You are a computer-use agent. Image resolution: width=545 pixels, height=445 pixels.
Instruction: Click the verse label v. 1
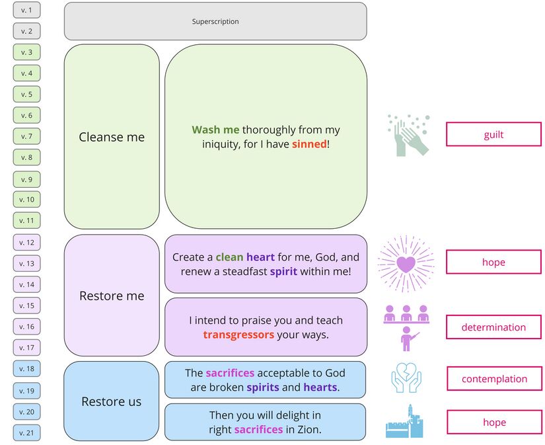(x=26, y=10)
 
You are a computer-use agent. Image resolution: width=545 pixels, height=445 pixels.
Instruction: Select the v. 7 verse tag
(x=26, y=136)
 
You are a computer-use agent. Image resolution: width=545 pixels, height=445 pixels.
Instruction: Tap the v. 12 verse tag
(x=26, y=243)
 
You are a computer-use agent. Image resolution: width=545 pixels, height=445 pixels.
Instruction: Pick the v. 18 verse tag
(x=26, y=369)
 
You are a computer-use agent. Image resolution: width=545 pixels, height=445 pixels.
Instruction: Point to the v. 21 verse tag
(x=26, y=433)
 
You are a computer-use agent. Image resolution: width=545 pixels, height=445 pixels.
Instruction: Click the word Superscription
(x=215, y=22)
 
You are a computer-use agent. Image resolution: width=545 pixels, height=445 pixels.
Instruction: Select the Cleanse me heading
(x=112, y=137)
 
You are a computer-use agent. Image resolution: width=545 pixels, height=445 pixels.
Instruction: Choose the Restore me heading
(x=112, y=296)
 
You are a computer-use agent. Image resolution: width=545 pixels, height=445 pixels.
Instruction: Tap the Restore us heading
(x=112, y=401)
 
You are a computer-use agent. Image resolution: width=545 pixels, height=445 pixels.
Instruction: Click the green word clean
(x=229, y=257)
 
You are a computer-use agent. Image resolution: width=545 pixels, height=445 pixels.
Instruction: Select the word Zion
(x=310, y=430)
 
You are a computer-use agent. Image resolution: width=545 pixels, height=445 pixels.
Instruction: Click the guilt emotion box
(x=493, y=134)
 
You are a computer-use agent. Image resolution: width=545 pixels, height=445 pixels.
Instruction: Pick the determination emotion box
(x=493, y=327)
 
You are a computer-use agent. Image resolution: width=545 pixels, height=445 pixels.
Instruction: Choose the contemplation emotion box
(x=493, y=379)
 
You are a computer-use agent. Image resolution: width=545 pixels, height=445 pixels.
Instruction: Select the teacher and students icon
(x=406, y=327)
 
